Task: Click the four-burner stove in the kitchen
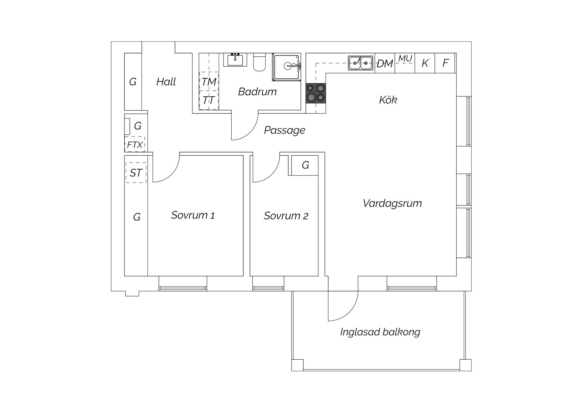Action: tap(316, 93)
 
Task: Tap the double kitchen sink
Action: tap(361, 63)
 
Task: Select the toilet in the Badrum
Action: tap(259, 62)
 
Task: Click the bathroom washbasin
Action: tap(235, 59)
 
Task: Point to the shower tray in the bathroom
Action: tap(286, 67)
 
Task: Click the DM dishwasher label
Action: tap(385, 64)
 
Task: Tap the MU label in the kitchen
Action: tap(405, 59)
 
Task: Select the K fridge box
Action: tap(425, 63)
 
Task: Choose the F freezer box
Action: tap(445, 63)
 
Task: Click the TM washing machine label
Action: tap(209, 82)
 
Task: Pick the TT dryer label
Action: tap(209, 100)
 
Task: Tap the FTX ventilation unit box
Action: tap(135, 144)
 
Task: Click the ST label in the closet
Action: tap(136, 173)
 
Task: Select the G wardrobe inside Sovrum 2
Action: tap(305, 165)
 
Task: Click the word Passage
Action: tap(284, 130)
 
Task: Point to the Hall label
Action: tap(166, 82)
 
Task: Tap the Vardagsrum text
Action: tap(392, 203)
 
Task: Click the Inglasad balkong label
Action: tap(380, 332)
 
